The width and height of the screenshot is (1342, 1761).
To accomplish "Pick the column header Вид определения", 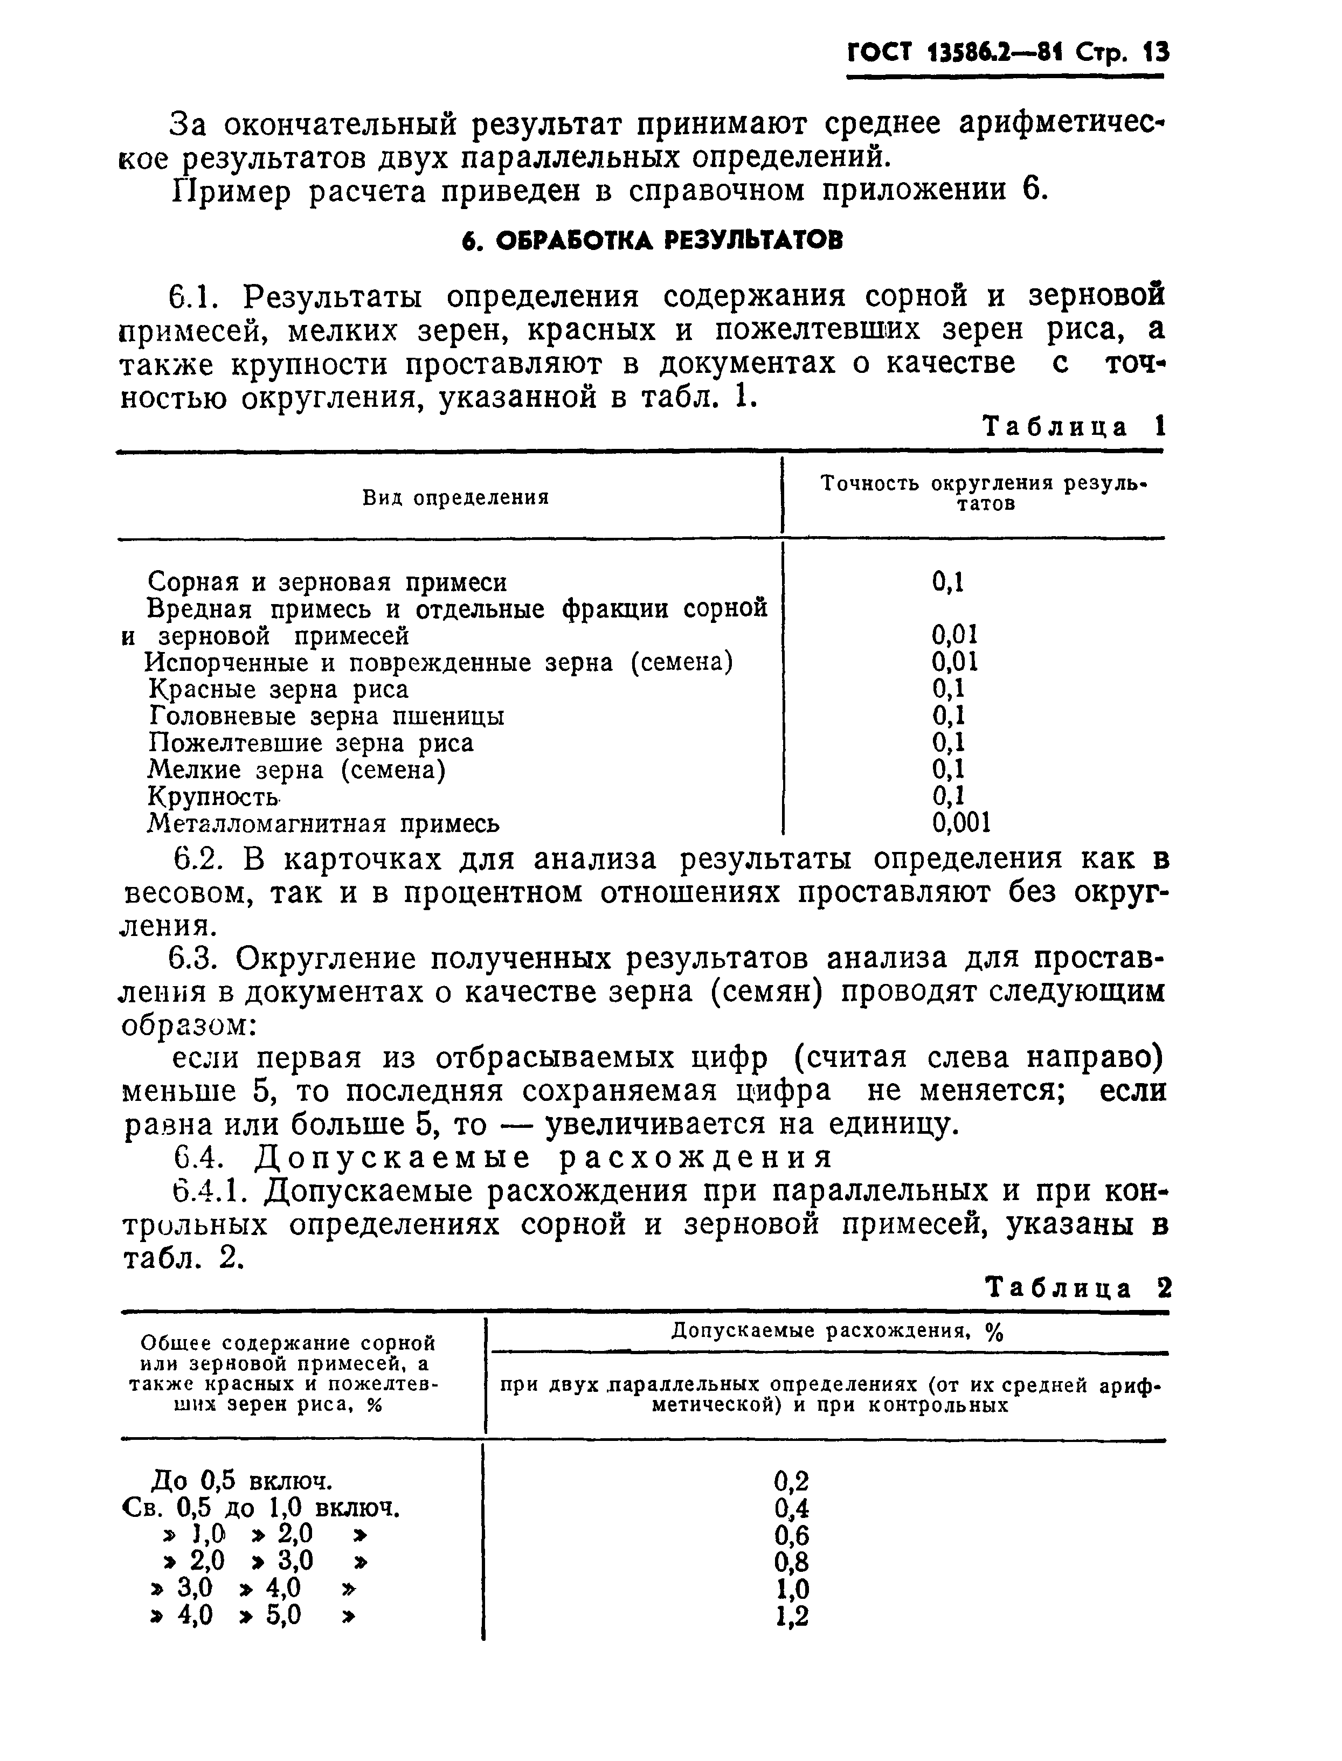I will (455, 497).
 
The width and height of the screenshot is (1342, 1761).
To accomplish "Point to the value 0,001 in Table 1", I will (961, 823).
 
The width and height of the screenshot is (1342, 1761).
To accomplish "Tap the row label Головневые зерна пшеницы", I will (327, 716).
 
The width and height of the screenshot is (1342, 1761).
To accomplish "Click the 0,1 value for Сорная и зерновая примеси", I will (948, 582).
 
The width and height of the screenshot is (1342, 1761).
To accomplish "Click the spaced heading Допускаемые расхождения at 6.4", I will (543, 1156).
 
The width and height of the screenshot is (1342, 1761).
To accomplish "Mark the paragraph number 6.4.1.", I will (207, 1191).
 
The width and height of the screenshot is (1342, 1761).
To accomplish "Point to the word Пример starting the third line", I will (232, 192).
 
